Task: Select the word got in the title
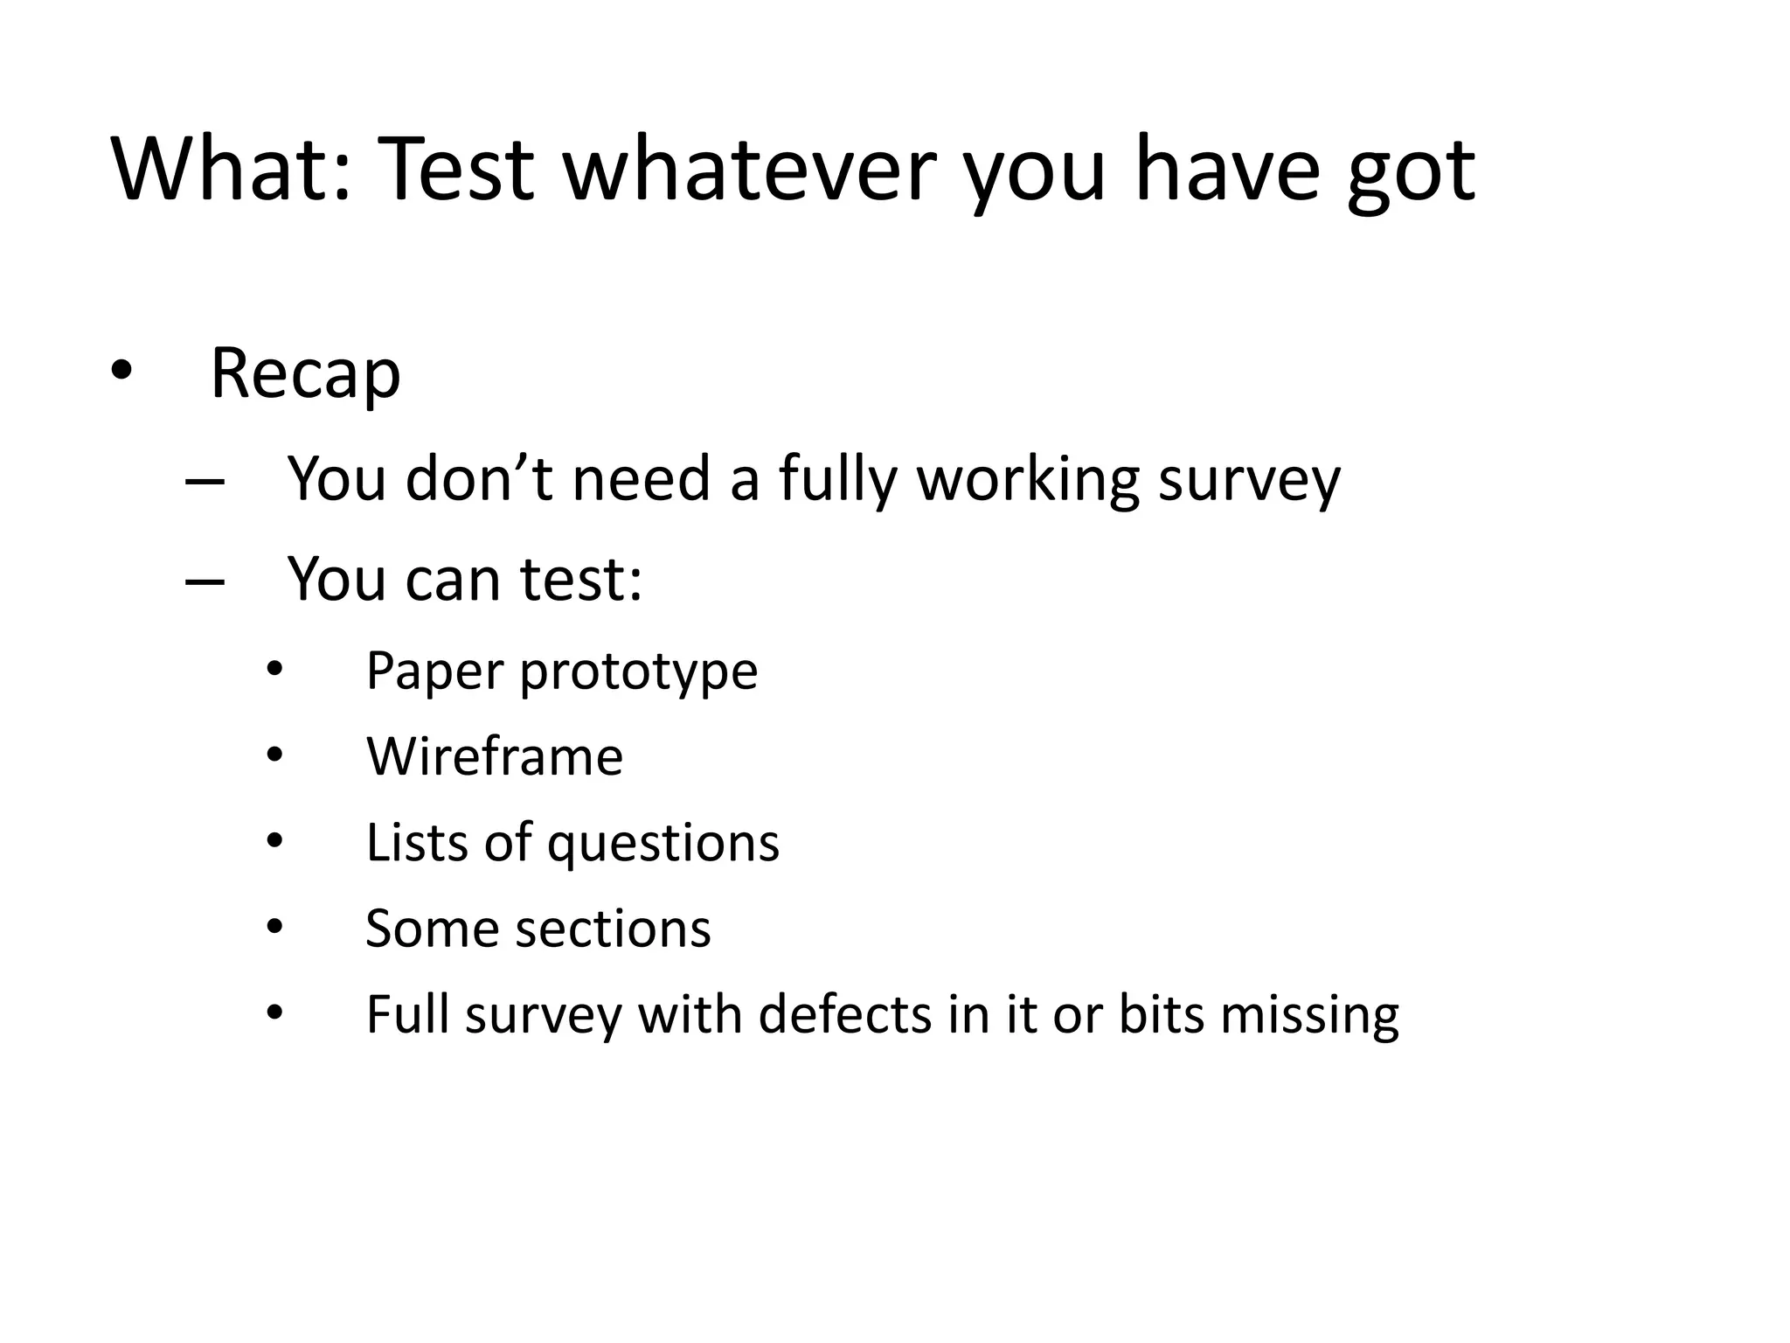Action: (1411, 175)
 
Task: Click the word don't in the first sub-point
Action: (479, 479)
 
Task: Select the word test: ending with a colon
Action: (581, 579)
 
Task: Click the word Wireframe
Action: (495, 756)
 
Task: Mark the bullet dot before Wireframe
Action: (275, 755)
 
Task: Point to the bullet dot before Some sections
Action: (275, 927)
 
